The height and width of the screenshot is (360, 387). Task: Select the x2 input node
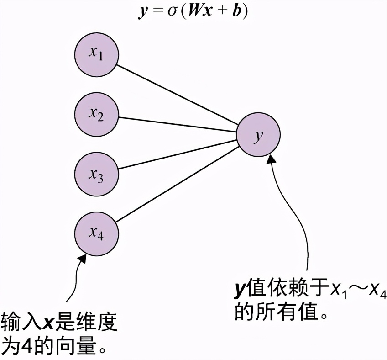97,114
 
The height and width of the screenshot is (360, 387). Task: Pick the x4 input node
97,234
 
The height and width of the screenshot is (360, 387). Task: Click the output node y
258,136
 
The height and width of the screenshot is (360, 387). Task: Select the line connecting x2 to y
178,125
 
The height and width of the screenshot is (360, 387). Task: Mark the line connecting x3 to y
178,154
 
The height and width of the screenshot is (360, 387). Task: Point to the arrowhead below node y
272,158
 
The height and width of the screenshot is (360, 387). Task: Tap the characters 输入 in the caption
21,322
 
